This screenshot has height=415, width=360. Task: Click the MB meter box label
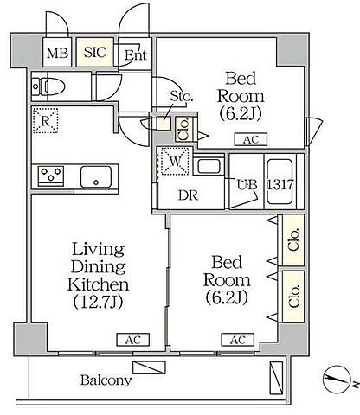(x=57, y=53)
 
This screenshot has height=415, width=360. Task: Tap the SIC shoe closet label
(x=95, y=52)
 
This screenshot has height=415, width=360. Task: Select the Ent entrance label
(x=135, y=54)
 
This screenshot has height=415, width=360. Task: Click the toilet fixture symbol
(x=48, y=86)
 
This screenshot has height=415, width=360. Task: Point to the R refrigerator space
(x=45, y=120)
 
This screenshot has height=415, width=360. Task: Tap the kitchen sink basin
(x=96, y=176)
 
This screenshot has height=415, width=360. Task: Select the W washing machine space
(x=175, y=161)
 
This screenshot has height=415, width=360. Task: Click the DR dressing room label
(x=189, y=195)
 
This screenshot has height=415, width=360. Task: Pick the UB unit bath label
(x=247, y=185)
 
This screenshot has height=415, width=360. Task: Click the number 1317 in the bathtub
(x=280, y=184)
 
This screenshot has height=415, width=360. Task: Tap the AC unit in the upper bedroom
(x=251, y=139)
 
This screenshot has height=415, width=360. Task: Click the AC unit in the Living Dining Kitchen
(x=133, y=340)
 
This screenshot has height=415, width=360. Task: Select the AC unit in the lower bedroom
(x=238, y=340)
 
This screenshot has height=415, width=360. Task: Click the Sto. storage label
(x=181, y=96)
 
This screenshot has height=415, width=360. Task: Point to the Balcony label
(x=106, y=380)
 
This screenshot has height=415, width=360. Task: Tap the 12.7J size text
(x=99, y=302)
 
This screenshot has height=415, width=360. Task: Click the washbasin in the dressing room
(x=209, y=166)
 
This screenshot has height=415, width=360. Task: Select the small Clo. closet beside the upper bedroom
(x=183, y=129)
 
